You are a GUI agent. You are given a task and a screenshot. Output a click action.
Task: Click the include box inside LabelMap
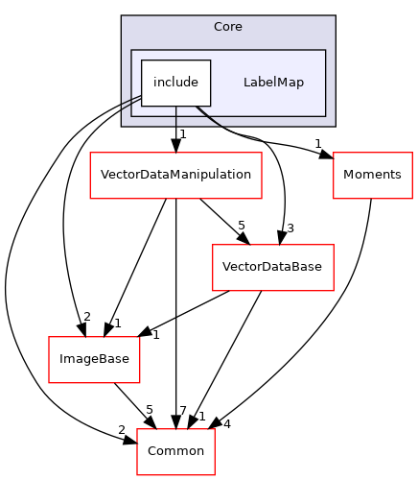point(175,83)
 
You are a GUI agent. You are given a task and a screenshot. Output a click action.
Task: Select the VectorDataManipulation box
point(175,175)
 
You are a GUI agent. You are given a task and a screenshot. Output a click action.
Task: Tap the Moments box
point(372,175)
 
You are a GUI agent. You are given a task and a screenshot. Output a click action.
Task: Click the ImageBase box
point(96,359)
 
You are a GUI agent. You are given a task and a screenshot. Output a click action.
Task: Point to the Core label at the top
point(227,26)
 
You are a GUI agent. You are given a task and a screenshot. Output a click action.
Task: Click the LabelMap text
point(273,83)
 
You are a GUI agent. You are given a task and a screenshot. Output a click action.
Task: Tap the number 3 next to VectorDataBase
point(290,228)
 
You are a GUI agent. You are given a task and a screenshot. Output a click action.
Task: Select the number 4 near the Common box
point(227,423)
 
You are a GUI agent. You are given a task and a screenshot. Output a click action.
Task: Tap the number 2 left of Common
point(122,428)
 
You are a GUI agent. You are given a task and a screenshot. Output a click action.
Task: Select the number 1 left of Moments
point(317,145)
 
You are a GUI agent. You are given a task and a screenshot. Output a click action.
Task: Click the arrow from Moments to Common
point(355,298)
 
